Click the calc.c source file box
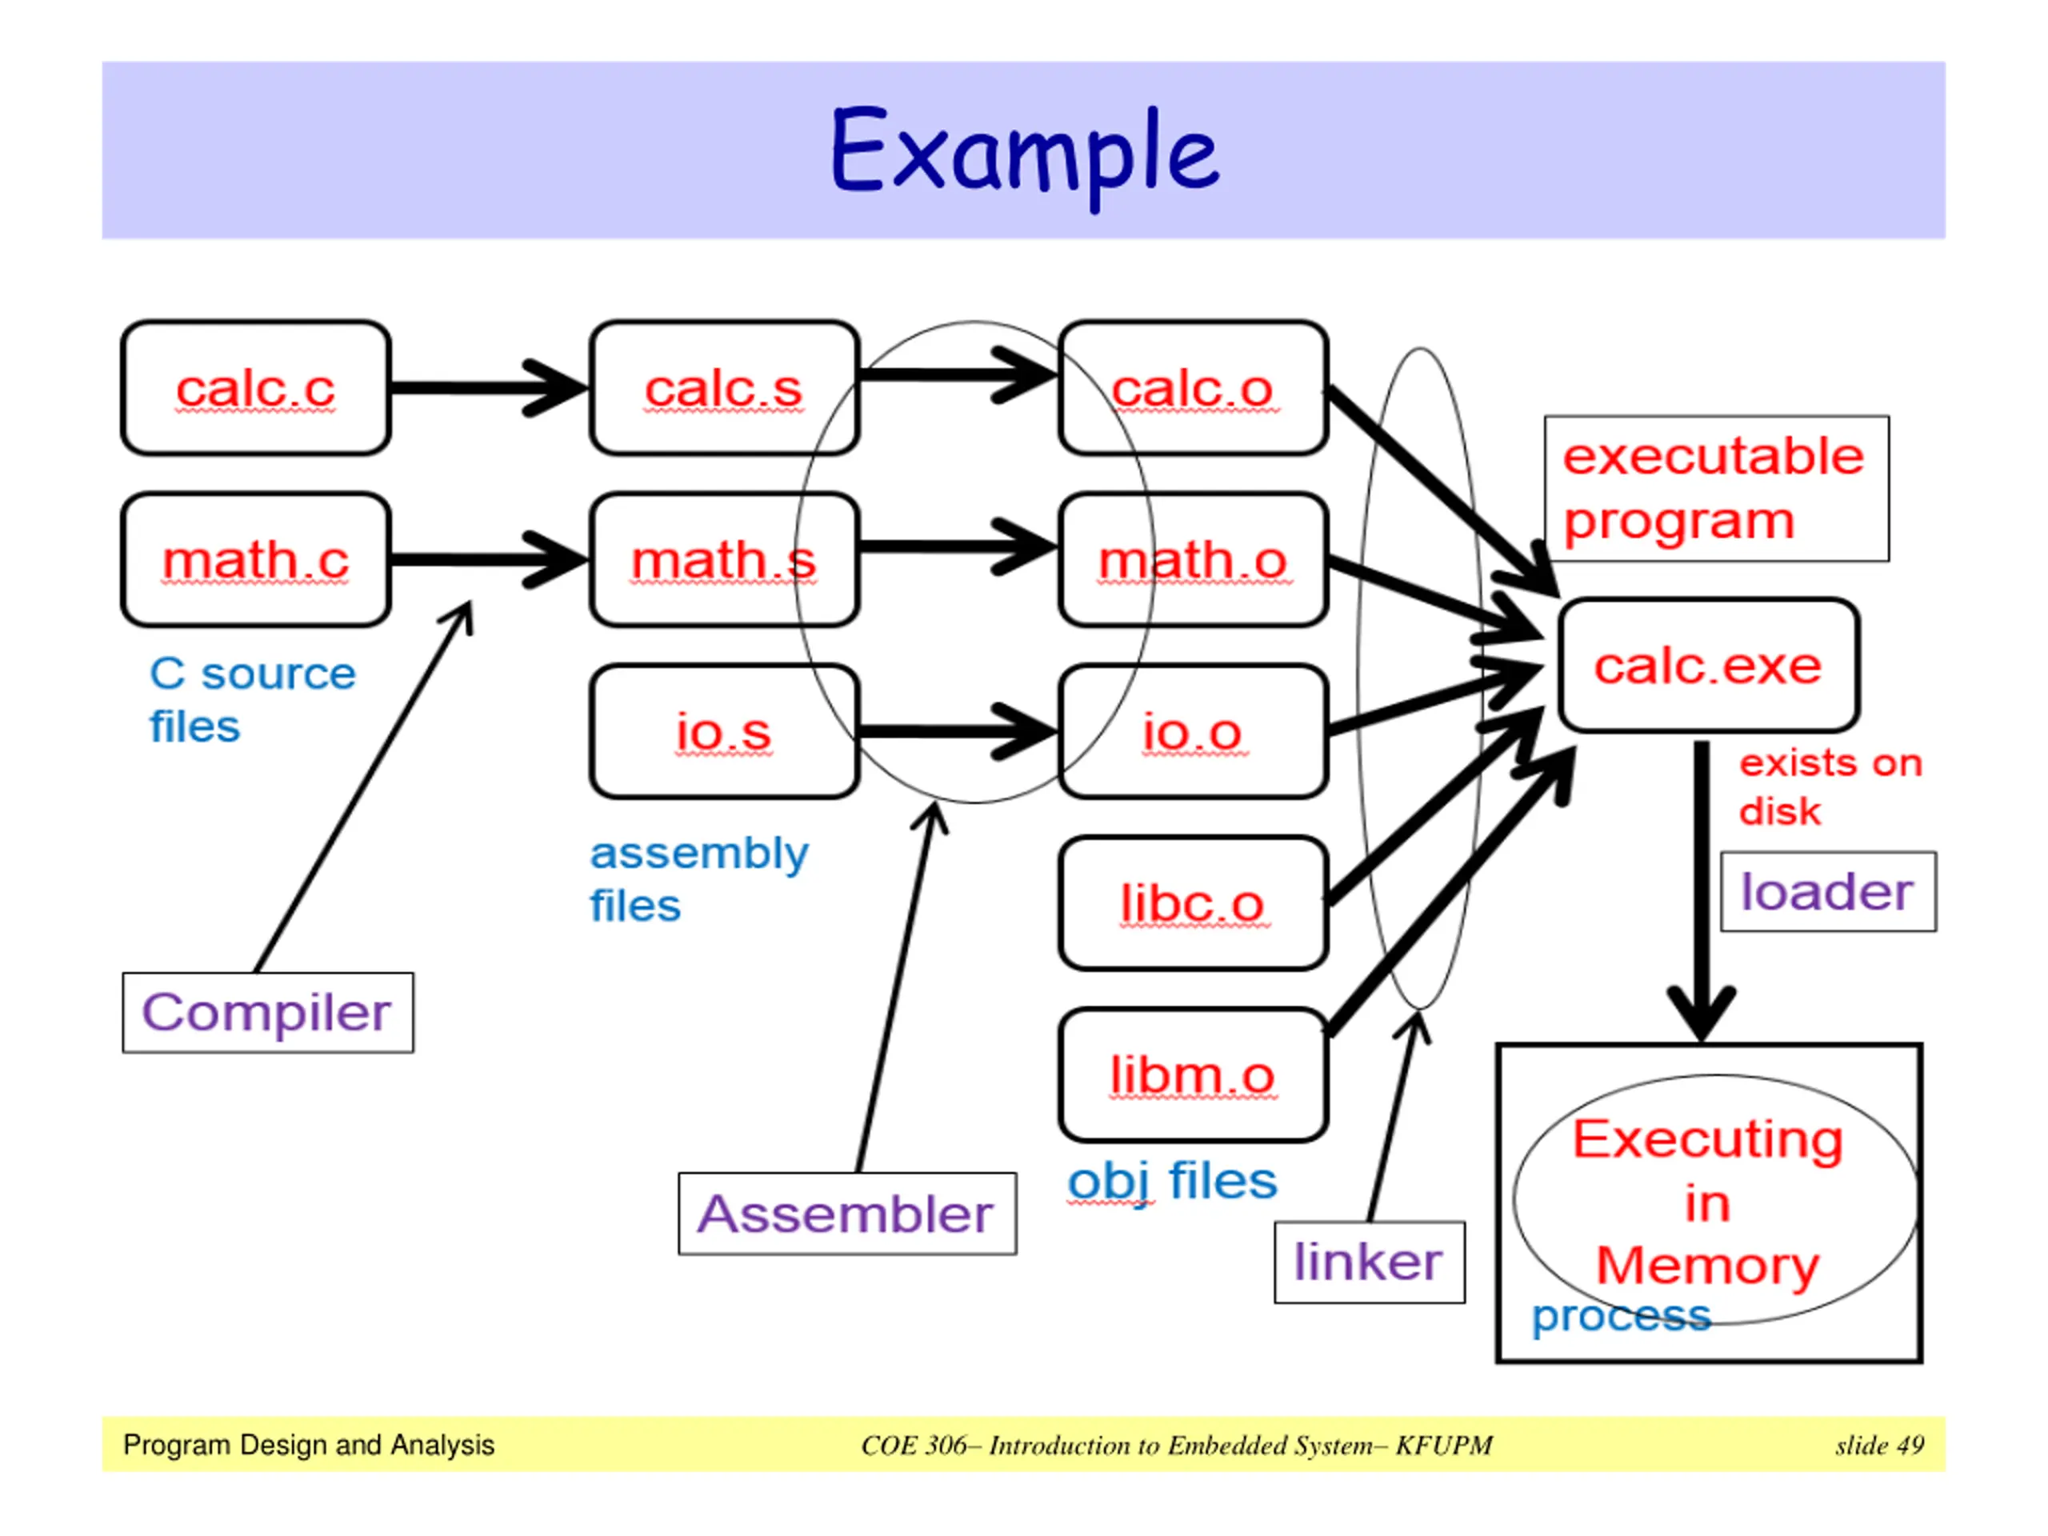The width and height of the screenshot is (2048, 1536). (255, 388)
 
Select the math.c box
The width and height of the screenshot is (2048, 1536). (255, 560)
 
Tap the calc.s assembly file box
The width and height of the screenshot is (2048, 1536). (724, 388)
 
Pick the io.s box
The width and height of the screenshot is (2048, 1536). (724, 731)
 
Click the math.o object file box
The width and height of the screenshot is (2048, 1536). (1194, 560)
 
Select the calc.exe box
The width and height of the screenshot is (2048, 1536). (1708, 666)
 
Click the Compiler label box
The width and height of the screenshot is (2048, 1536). (267, 1013)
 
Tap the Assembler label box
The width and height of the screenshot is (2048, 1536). (846, 1214)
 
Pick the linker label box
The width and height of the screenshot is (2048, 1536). (1369, 1262)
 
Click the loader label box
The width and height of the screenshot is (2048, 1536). (1828, 892)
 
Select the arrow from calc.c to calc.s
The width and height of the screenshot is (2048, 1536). (486, 388)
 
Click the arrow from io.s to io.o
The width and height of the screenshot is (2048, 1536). (957, 732)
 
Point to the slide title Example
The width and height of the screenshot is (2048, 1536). (1023, 153)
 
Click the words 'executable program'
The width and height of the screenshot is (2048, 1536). (1714, 489)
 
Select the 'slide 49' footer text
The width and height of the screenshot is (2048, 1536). (1879, 1446)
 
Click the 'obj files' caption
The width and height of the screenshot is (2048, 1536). (1172, 1182)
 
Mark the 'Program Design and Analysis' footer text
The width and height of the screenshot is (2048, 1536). (308, 1446)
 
